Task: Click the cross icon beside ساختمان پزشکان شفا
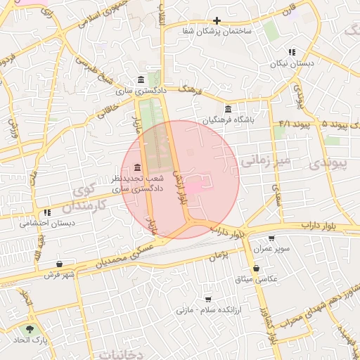tap(217, 21)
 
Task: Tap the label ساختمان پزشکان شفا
tap(209, 32)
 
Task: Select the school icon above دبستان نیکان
tap(291, 52)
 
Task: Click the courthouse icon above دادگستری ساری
tap(141, 79)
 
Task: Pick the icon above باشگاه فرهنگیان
tap(227, 109)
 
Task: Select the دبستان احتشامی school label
tap(46, 223)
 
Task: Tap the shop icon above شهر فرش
tap(59, 264)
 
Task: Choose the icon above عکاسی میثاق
tap(255, 268)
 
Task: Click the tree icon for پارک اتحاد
tap(30, 328)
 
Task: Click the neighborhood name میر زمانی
tap(265, 161)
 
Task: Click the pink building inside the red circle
tap(192, 187)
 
